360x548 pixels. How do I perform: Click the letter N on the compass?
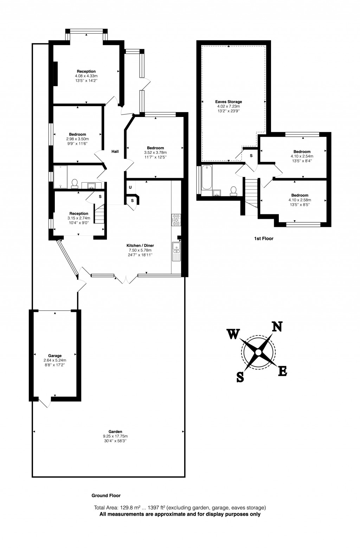(277, 327)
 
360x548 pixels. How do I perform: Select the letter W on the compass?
(233, 334)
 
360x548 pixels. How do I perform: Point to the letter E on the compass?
(283, 371)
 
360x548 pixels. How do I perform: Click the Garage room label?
(55, 356)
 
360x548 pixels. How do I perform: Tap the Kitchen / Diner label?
(140, 246)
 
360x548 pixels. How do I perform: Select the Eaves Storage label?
(229, 102)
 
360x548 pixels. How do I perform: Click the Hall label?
(115, 152)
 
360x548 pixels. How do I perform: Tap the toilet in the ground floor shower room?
(75, 183)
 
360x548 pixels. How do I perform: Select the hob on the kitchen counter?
(176, 220)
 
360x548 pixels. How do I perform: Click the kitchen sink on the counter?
(176, 247)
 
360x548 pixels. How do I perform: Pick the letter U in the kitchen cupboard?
(130, 188)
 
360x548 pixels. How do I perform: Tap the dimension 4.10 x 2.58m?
(300, 200)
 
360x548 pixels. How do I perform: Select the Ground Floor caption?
(106, 496)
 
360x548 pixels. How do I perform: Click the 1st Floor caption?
(264, 239)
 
